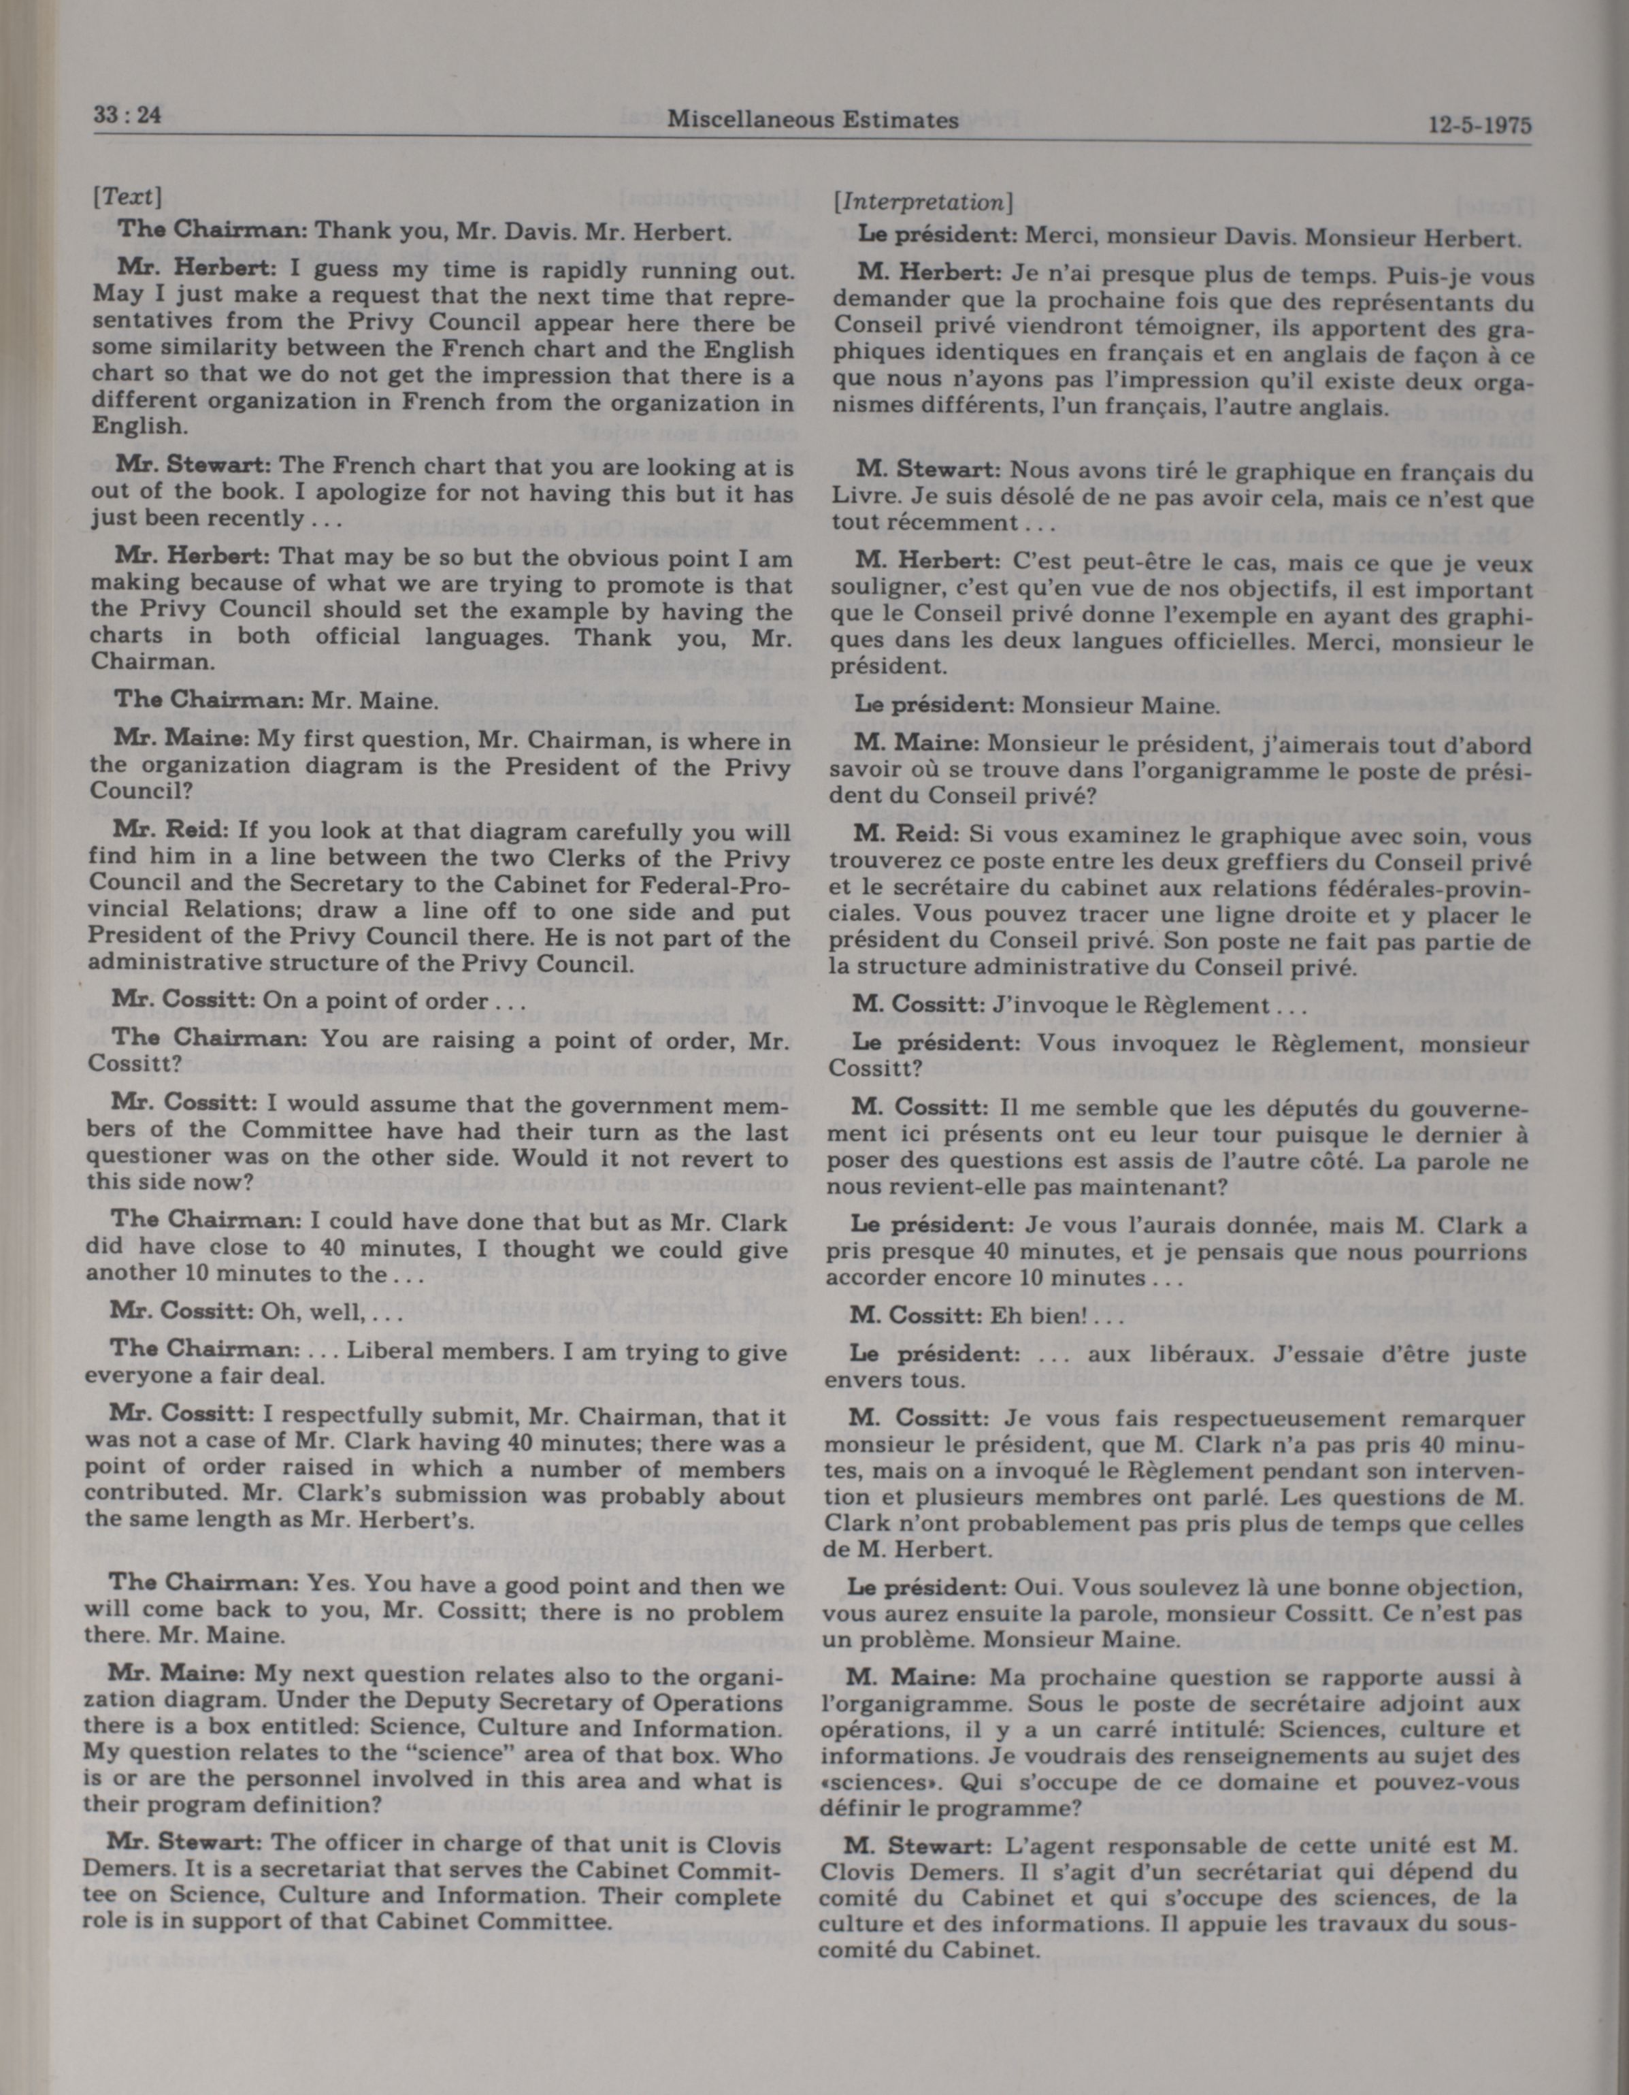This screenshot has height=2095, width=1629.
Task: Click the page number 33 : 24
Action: pyautogui.click(x=127, y=116)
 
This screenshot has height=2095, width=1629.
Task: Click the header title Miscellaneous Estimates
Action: pyautogui.click(x=813, y=120)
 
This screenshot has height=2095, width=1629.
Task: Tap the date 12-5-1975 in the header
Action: pyautogui.click(x=1479, y=127)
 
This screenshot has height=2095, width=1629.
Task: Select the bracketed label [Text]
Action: pyautogui.click(x=127, y=197)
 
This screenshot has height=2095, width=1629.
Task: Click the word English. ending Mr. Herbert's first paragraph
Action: pyautogui.click(x=136, y=426)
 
